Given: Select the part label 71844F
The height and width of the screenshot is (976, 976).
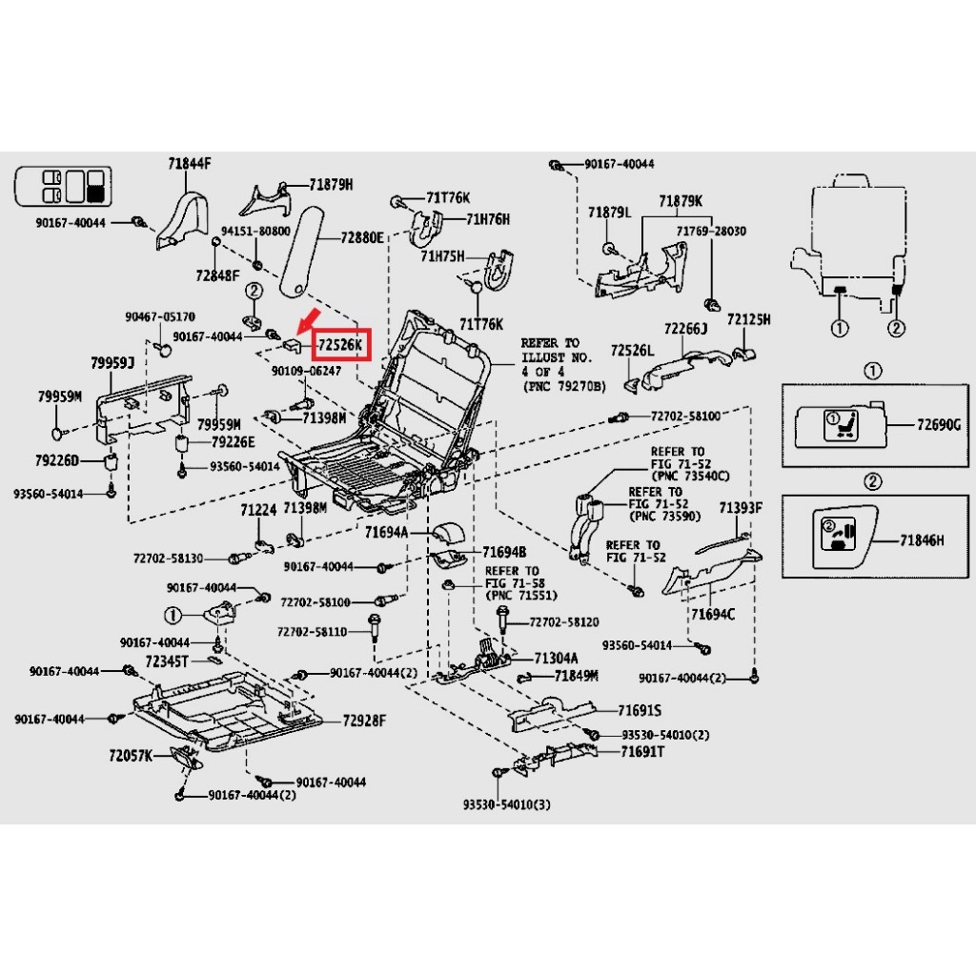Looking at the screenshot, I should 189,164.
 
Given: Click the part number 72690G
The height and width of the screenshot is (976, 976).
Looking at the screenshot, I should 939,422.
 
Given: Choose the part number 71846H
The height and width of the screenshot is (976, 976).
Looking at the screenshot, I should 922,540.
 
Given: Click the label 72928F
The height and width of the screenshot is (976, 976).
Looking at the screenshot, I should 364,721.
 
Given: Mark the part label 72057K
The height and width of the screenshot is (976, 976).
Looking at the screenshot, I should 131,755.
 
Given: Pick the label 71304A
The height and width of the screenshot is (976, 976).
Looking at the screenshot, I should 557,659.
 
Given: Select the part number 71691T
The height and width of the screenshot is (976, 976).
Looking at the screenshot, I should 642,752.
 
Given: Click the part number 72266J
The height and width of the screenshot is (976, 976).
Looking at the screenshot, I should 686,329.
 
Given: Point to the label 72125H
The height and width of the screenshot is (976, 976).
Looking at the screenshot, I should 748,318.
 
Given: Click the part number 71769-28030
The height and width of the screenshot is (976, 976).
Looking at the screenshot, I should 711,232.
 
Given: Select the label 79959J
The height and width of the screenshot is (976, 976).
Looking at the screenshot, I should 112,363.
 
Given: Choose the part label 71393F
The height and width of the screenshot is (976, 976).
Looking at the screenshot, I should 741,507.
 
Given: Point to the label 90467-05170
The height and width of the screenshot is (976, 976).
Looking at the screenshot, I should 159,316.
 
